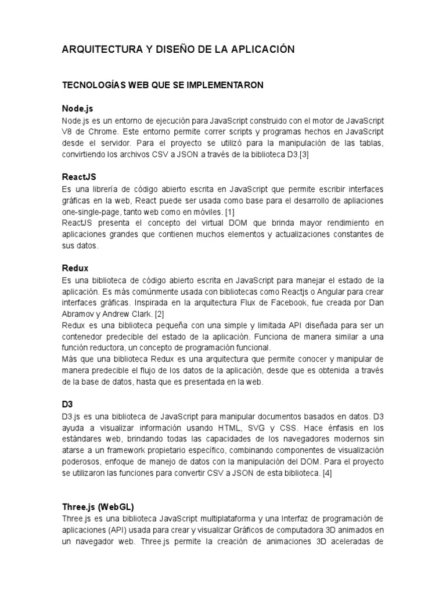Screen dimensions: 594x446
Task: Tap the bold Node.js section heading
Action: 78,108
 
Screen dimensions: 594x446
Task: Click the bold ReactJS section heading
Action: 79,178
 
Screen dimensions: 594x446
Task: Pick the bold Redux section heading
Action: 75,269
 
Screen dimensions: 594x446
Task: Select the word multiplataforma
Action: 229,518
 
